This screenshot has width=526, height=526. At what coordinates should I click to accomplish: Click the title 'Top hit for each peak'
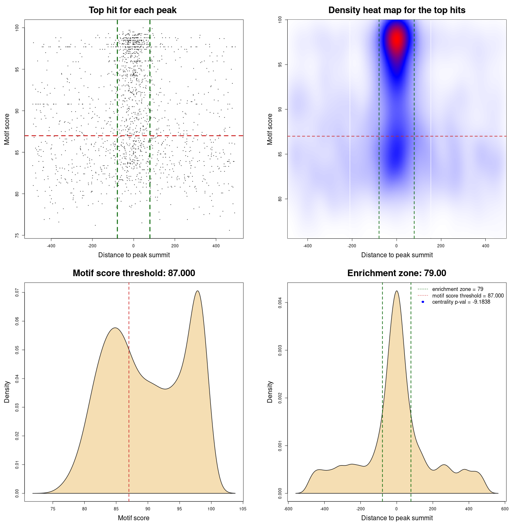pos(132,10)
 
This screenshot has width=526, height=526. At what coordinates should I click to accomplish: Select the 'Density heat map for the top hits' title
pos(397,10)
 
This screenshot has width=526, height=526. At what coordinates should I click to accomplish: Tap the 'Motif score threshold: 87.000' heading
pos(134,273)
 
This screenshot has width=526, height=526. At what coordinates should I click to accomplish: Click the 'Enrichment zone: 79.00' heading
pos(397,273)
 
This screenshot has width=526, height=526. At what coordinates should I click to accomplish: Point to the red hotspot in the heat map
pos(397,40)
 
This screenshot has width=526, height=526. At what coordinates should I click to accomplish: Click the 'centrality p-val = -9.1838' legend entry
pos(461,302)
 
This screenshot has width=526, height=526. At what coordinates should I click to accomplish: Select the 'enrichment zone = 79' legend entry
pos(457,289)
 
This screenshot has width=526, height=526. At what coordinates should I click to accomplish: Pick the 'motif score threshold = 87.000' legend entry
pos(468,295)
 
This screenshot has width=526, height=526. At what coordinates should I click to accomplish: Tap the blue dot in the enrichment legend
pos(423,302)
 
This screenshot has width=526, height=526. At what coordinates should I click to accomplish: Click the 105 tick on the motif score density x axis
pos(242,509)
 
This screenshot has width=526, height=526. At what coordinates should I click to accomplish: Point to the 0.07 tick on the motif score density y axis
pos(17,292)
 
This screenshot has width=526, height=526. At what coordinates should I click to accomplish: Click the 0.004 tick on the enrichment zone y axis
pos(280,303)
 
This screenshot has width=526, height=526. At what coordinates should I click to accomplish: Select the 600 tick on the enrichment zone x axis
pos(505,509)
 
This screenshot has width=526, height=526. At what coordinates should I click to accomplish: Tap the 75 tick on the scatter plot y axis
pos(17,235)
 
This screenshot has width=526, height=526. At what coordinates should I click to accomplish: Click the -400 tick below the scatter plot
pos(51,246)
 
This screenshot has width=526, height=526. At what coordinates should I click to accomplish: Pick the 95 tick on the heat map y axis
pos(280,65)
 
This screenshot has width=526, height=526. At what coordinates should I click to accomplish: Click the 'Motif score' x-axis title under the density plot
pos(134,518)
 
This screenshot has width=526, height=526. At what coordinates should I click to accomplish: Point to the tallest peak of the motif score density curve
pos(198,291)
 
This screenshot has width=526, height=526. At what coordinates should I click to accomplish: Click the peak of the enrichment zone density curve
pos(397,291)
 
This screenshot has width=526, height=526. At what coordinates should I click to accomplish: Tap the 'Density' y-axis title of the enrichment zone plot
pos(270,392)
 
